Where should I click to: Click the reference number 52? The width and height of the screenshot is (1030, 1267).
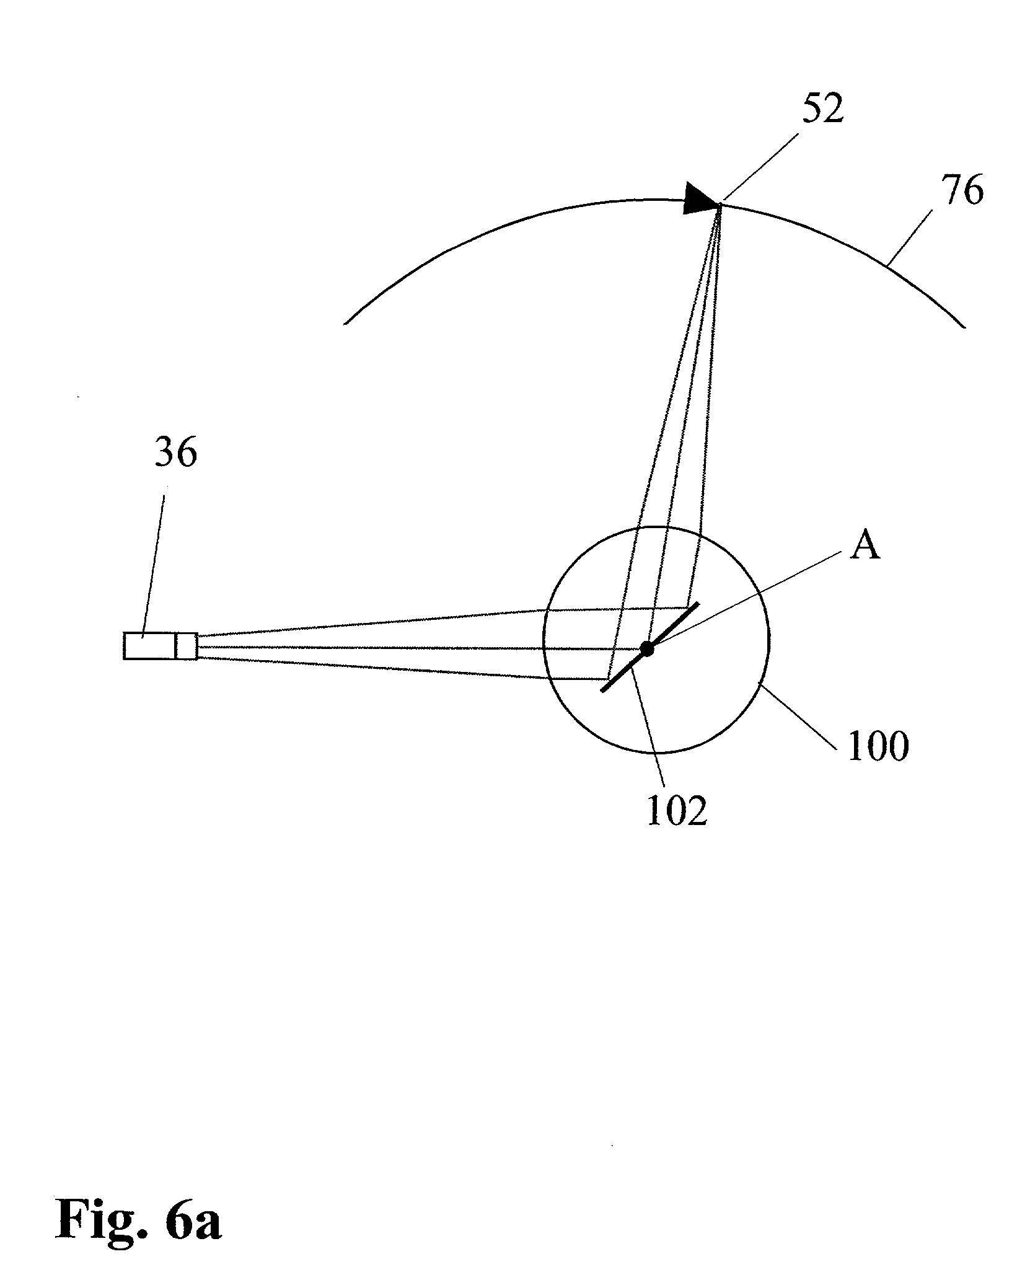coord(822,110)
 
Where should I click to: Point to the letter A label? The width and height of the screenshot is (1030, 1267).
coord(865,546)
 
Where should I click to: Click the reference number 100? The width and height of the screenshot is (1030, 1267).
coord(878,746)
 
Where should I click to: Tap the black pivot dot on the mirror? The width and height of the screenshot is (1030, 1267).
coord(647,649)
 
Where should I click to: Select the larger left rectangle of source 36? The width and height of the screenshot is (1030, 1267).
coord(149,646)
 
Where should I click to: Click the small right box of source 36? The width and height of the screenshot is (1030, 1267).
coord(187,646)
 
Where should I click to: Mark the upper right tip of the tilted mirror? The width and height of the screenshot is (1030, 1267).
coord(698,603)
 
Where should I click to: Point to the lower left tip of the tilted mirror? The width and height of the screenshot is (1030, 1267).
coord(602,690)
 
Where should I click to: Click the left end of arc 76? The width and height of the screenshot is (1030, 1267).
coord(345,323)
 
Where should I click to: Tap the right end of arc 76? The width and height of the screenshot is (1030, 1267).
coord(964,326)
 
